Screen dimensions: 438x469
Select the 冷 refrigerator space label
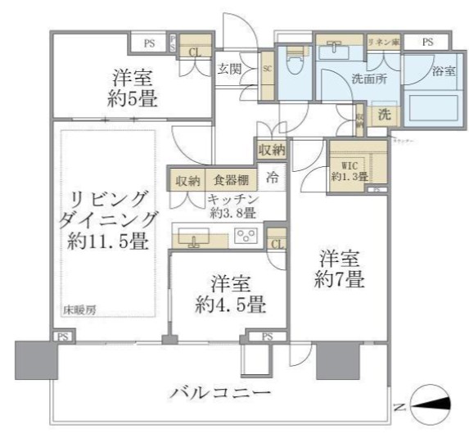pos(273,178)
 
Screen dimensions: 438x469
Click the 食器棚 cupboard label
pos(231,179)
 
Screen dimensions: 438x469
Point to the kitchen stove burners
pos(246,237)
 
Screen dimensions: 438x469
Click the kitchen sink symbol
pos(194,238)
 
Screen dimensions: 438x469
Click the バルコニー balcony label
pos(220,394)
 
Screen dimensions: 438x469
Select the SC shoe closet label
pos(267,68)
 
